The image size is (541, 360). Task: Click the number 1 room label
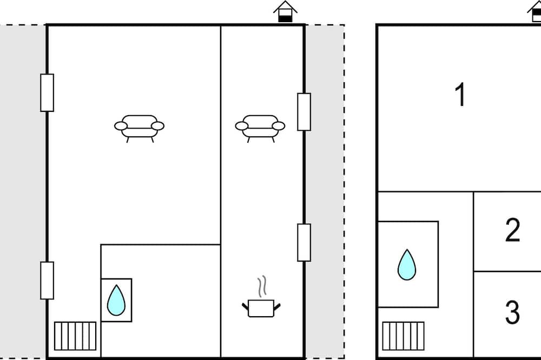pos(460,94)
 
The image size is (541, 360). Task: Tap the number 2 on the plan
pos(512,230)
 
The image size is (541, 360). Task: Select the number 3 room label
pos(512,312)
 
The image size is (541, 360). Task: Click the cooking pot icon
pos(261,308)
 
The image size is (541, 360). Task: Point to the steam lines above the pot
pos(262,285)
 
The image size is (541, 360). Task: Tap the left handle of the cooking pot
pos(245,306)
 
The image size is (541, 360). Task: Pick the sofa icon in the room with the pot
pos(260,129)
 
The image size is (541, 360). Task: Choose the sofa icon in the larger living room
pos(140,129)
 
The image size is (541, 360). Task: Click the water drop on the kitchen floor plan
pos(116,300)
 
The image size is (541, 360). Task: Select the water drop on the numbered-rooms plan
pos(407,264)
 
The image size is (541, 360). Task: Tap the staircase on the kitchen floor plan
pos(75,336)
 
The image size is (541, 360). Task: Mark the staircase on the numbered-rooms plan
pos(404,336)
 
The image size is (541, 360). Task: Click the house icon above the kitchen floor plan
pos(285,11)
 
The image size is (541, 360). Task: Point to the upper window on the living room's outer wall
pos(47,93)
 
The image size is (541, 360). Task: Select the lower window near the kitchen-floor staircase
pos(47,281)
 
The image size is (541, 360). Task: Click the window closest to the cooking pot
pos(304,242)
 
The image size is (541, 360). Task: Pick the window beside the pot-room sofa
pos(304,112)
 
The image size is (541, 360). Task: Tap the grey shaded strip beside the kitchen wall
pos(325,192)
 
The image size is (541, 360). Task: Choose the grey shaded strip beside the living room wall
pos(22,192)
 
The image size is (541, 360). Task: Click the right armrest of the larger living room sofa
pos(158,126)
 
